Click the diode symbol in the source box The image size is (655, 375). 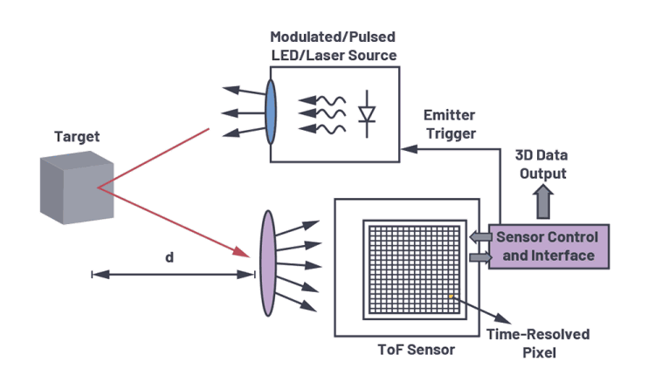tap(367, 114)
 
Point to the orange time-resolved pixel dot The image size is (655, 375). tap(452, 297)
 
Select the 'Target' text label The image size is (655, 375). tap(77, 137)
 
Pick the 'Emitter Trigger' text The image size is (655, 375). tap(449, 125)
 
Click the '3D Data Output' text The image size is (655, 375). tap(542, 165)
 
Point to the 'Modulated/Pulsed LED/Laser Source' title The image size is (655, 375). tap(334, 46)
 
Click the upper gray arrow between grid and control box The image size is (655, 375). tap(478, 236)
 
